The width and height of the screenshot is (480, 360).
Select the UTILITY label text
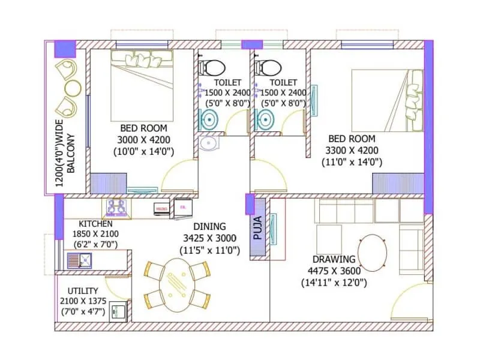coord(83,290)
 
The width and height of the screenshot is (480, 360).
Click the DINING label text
coord(210,226)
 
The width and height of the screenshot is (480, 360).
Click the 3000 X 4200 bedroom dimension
coord(144,139)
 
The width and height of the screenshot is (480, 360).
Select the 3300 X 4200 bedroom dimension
coord(350,150)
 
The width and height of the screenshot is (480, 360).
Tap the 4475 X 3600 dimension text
coord(334,271)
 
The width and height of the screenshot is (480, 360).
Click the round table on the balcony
coord(72,88)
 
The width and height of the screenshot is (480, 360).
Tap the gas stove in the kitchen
coord(118,207)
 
